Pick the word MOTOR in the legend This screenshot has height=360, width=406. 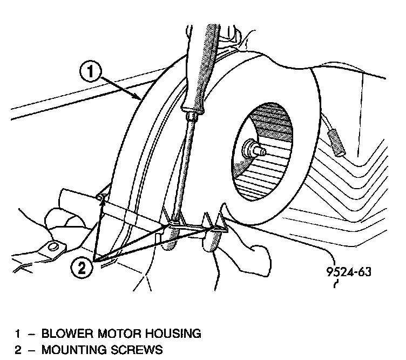123,333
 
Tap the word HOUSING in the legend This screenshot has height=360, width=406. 175,333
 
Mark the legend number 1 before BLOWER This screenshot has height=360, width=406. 17,333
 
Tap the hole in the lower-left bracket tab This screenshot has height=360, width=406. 53,247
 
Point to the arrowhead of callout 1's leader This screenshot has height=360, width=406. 140,98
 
